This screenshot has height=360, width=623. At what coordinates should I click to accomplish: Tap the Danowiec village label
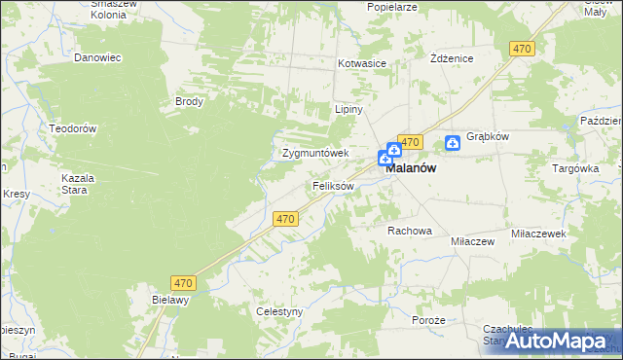tap(97, 57)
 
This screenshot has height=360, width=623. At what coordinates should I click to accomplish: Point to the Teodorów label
tap(73, 128)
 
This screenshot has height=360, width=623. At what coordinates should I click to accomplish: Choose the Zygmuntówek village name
tap(314, 153)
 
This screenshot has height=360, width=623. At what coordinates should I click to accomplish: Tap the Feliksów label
tap(333, 185)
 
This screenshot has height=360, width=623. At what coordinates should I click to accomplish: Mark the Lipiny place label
tap(348, 109)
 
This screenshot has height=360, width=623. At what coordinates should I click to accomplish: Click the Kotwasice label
tap(362, 63)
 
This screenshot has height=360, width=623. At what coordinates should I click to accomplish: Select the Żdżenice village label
tap(452, 58)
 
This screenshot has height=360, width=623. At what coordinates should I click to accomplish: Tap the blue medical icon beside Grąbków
tap(453, 143)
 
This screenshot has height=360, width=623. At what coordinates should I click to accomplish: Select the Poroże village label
tap(428, 320)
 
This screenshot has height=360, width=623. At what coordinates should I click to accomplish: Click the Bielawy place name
tap(169, 301)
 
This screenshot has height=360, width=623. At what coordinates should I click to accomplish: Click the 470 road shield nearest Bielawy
tap(184, 283)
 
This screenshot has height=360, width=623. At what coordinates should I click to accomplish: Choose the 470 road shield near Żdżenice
tap(522, 49)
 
